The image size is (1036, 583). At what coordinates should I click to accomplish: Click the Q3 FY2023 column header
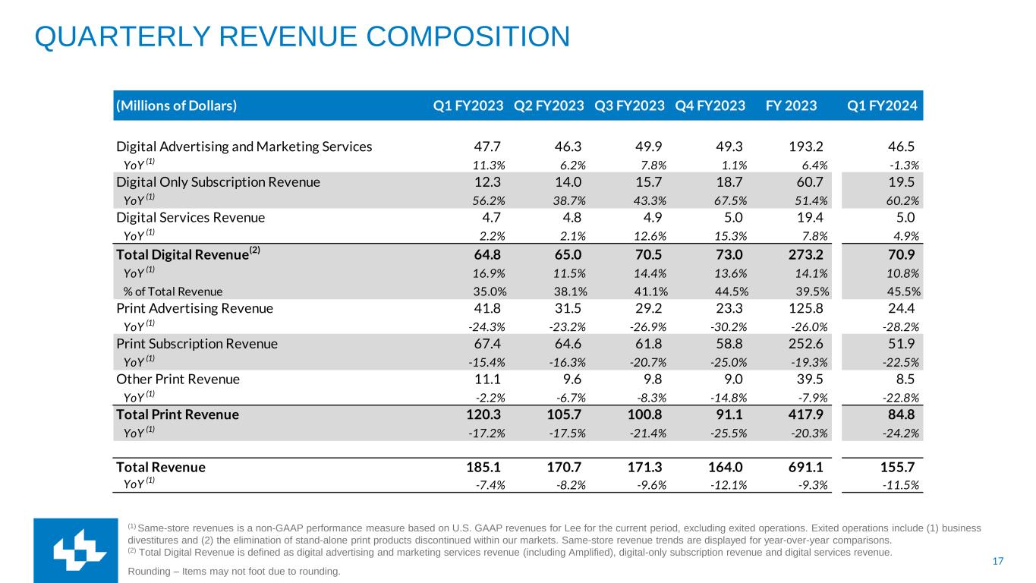click(x=629, y=106)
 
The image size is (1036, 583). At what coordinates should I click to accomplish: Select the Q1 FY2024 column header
click(x=883, y=106)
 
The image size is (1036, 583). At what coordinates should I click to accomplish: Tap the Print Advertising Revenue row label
click(x=194, y=309)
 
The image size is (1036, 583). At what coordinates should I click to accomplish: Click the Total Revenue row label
click(x=160, y=468)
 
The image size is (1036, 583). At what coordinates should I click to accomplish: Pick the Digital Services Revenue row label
click(x=191, y=218)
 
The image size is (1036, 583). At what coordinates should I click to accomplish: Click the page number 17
click(x=998, y=562)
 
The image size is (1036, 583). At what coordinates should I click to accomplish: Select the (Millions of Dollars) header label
click(x=176, y=106)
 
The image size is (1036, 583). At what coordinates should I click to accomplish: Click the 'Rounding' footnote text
click(x=235, y=571)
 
